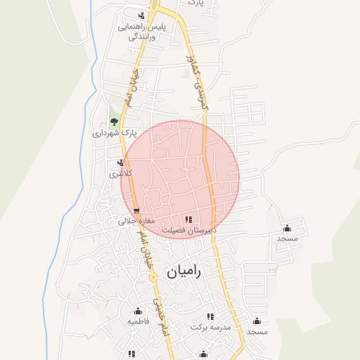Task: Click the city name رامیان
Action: pos(184,272)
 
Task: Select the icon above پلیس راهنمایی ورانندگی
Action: pos(142,15)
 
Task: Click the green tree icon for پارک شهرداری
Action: pos(114,122)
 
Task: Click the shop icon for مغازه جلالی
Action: pos(136,210)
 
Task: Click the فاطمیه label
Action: pos(139,321)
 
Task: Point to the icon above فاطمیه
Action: pos(138,311)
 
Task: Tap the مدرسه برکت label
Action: pos(209,328)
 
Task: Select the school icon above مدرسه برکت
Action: pos(210,317)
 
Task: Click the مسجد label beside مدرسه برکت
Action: pos(257,331)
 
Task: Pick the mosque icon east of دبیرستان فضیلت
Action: pos(287,228)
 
